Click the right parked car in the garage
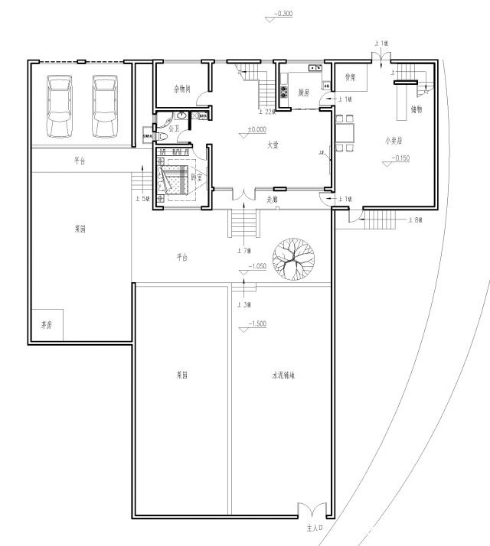[x=106, y=106]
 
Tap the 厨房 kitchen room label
[x=303, y=93]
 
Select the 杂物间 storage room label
[x=181, y=89]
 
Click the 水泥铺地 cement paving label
[x=283, y=376]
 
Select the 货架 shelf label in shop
[x=351, y=77]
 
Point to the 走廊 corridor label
[x=271, y=200]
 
